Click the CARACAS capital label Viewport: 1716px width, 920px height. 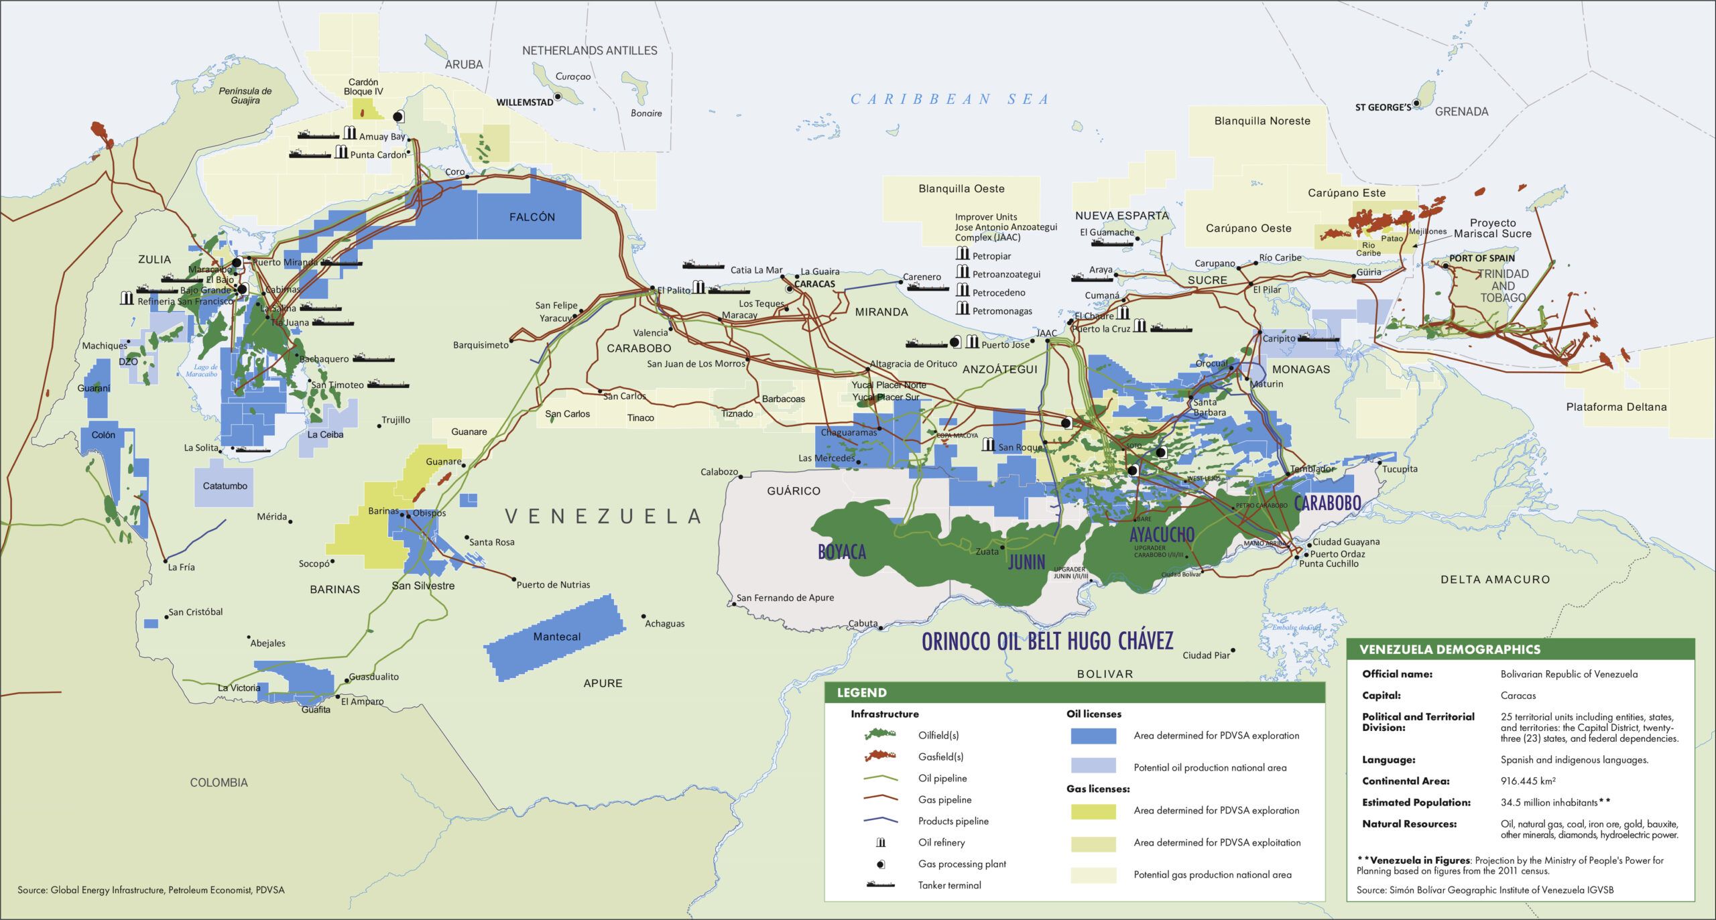[814, 284]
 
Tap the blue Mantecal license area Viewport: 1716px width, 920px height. [556, 637]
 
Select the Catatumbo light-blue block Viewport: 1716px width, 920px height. [225, 485]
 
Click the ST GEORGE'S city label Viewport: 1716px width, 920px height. [1382, 107]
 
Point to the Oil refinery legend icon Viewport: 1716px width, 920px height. [881, 842]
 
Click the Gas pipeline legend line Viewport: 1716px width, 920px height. [881, 799]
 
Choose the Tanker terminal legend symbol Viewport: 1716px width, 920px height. [881, 885]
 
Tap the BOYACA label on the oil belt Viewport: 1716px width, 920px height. [842, 551]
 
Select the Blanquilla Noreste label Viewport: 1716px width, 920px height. [1262, 121]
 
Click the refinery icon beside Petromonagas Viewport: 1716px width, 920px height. [963, 308]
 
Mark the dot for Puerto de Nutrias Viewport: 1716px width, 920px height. [514, 579]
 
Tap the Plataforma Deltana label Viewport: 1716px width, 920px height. [1615, 407]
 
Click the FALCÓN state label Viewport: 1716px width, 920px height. [532, 217]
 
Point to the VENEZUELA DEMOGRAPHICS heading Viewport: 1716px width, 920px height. [1449, 649]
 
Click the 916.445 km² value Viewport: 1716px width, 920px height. [1528, 781]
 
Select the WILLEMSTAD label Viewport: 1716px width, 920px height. [524, 103]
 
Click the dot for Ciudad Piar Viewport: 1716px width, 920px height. [1233, 650]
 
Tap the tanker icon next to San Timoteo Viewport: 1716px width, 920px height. [388, 385]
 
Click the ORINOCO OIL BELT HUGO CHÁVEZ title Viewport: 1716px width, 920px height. [1047, 641]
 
